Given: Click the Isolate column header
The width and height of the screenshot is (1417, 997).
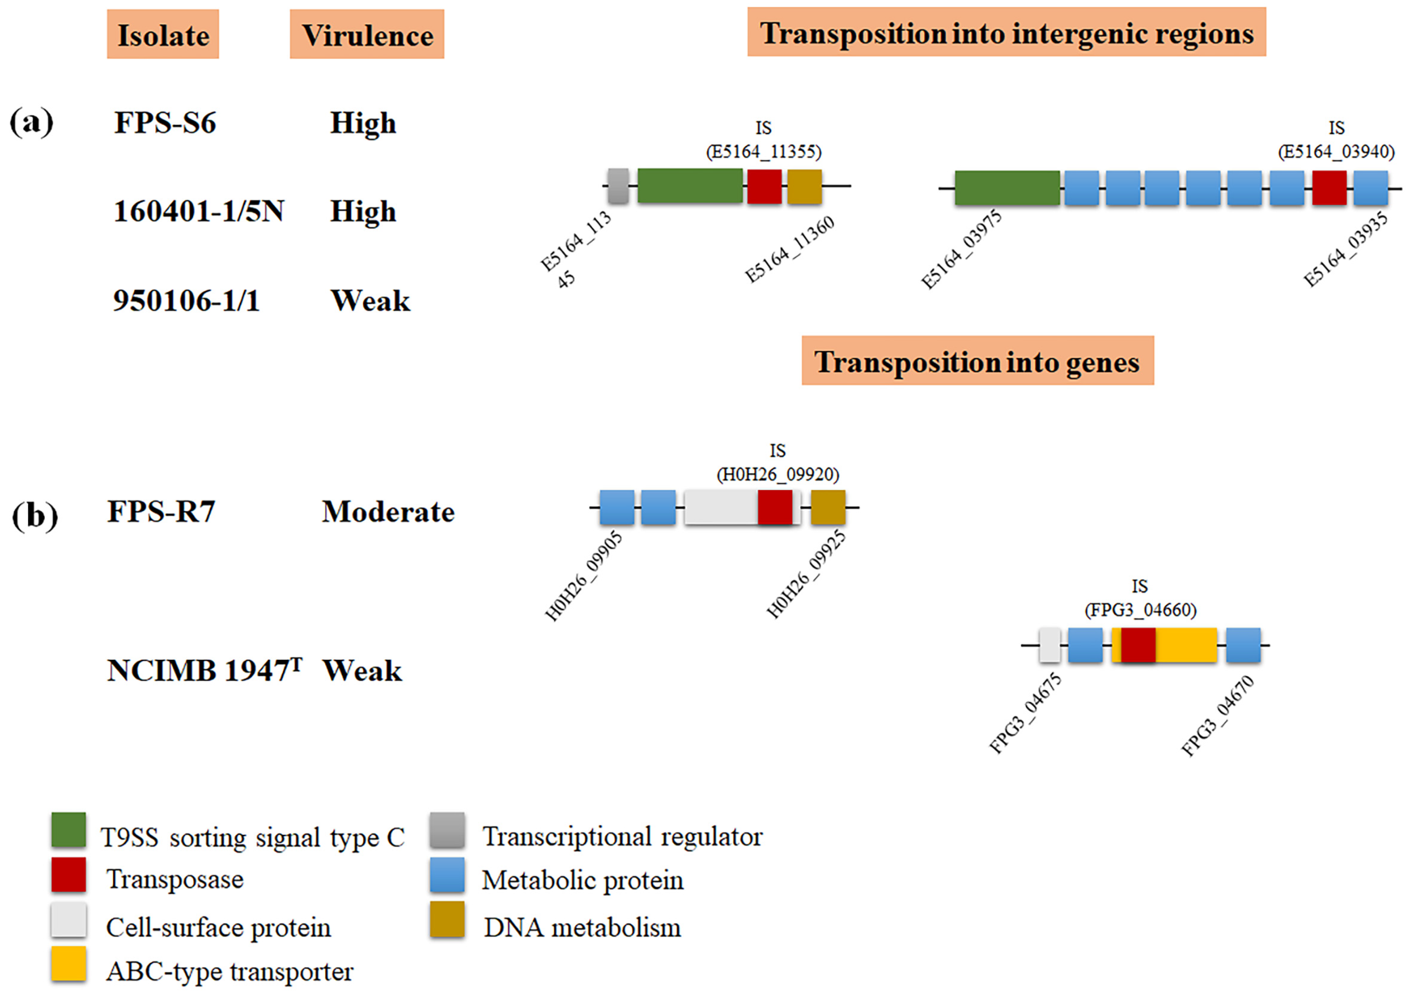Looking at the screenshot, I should pos(163,35).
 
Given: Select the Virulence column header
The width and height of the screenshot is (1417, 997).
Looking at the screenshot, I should pos(367,35).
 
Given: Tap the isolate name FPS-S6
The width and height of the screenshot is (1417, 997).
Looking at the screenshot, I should pos(165,123).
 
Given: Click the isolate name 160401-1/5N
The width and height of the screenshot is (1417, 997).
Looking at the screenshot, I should pos(199,211).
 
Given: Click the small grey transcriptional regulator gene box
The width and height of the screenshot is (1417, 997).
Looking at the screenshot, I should pos(618,185).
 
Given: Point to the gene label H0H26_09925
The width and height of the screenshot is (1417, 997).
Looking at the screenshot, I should pos(806,575).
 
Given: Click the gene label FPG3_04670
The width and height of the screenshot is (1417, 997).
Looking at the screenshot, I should pos(1218,716).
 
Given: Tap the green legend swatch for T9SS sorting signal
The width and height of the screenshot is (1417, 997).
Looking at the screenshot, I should pos(69,830).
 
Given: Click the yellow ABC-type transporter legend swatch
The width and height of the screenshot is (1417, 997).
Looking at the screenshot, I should pos(69,964).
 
